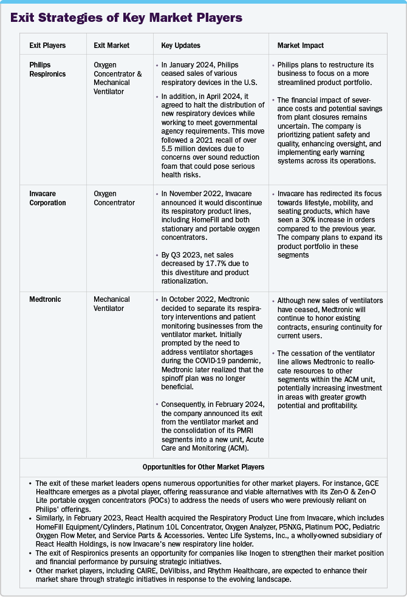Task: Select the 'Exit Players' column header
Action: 47,46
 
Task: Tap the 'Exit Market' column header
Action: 111,46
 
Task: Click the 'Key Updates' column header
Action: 180,46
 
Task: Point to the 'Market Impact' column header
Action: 300,46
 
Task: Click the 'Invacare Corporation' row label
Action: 47,198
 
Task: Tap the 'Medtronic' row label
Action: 45,299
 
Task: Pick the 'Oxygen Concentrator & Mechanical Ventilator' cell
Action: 118,78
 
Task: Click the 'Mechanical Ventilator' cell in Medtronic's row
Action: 112,304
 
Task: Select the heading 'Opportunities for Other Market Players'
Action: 203,467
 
